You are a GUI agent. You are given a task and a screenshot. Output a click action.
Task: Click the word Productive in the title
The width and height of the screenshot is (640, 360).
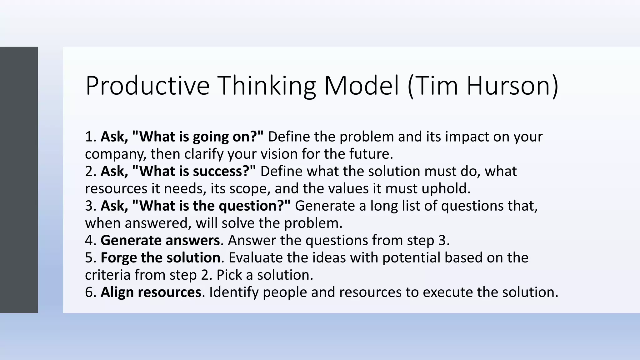click(x=147, y=86)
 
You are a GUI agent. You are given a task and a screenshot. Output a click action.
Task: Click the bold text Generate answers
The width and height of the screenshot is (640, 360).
click(x=160, y=240)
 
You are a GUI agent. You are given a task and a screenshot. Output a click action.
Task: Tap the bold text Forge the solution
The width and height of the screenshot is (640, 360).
click(x=160, y=258)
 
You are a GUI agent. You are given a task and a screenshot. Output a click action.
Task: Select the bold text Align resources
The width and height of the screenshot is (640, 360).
click(x=151, y=292)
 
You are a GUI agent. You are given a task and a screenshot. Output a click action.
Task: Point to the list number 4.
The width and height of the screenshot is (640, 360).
click(x=89, y=240)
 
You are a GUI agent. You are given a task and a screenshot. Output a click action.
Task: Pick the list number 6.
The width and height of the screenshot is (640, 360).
click(x=89, y=292)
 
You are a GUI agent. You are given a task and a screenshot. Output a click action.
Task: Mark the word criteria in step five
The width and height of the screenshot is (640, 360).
click(x=107, y=275)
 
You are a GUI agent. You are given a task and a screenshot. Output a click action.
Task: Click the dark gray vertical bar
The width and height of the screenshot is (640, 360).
click(x=19, y=180)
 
